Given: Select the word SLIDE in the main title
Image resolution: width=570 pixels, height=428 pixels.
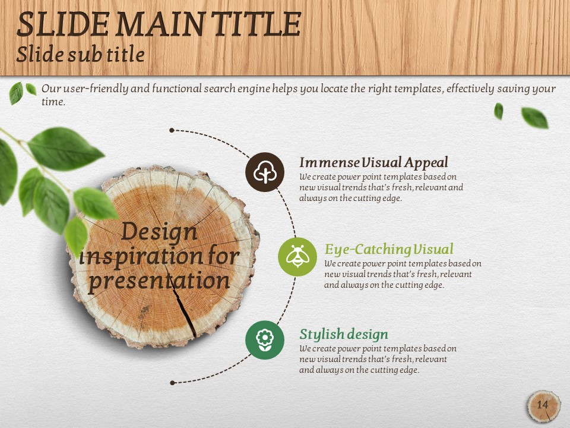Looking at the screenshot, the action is click(63, 24).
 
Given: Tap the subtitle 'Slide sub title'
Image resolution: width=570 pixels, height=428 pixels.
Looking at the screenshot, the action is click(80, 55).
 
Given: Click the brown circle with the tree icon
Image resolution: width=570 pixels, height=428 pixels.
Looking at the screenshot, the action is click(265, 172).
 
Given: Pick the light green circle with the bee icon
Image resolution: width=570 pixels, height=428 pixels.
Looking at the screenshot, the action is click(297, 257).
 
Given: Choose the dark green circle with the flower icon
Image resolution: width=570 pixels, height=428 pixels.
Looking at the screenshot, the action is click(265, 340).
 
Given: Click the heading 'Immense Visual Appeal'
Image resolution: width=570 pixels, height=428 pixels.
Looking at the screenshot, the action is click(373, 163).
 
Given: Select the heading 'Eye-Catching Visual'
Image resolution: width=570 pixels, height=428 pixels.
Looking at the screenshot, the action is click(389, 249).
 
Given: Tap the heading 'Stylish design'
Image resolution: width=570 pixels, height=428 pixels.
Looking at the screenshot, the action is click(344, 334).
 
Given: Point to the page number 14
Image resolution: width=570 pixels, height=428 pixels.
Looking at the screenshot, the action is click(542, 405).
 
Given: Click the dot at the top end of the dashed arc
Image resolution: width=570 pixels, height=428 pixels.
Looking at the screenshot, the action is click(172, 130).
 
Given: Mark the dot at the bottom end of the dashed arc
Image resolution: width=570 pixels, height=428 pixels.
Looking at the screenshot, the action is click(172, 382).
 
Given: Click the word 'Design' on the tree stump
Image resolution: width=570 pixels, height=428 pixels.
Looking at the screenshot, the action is click(159, 232).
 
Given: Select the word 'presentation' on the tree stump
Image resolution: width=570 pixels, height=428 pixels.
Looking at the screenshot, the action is click(159, 281).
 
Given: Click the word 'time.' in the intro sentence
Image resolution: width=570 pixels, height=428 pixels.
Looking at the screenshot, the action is click(53, 102).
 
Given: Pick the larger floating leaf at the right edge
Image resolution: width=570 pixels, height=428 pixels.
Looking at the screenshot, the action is click(535, 118).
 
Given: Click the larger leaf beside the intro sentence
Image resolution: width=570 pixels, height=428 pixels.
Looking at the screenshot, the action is click(16, 93).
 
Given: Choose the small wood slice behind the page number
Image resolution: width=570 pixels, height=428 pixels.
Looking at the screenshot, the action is click(544, 406).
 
